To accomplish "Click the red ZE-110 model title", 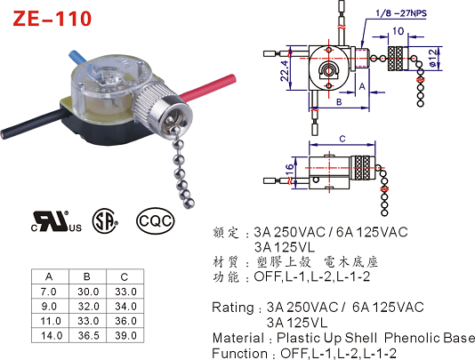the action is pos(52,19).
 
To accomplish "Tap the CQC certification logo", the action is pos(156,221).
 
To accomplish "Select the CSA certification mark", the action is pos(105,220).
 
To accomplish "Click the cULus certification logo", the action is pos(56,221).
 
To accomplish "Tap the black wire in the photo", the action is pos(33,124).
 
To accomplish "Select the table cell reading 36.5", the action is pos(88,335).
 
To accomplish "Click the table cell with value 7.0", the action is pos(48,292).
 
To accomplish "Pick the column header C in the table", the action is pos(125,276).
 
